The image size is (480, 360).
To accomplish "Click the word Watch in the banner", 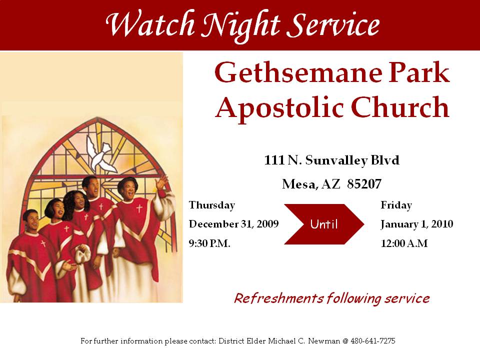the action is (x=150, y=24).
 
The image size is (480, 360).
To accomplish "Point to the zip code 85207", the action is (x=364, y=184).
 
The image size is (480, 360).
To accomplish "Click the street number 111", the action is (x=274, y=160).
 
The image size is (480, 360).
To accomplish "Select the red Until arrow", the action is (x=324, y=224).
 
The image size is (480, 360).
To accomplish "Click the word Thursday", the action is (x=212, y=205).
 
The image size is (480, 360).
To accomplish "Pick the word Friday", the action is (x=396, y=205).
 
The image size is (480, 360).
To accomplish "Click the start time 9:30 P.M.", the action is (x=209, y=243).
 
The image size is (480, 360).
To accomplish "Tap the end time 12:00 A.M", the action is (x=404, y=243).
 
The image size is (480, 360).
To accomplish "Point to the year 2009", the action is (x=267, y=224).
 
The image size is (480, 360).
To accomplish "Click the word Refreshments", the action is (x=278, y=298).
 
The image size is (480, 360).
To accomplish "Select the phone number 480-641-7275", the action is (x=373, y=341).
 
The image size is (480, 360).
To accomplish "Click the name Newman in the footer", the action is (x=324, y=341).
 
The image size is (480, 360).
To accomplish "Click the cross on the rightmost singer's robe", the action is (x=139, y=209).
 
